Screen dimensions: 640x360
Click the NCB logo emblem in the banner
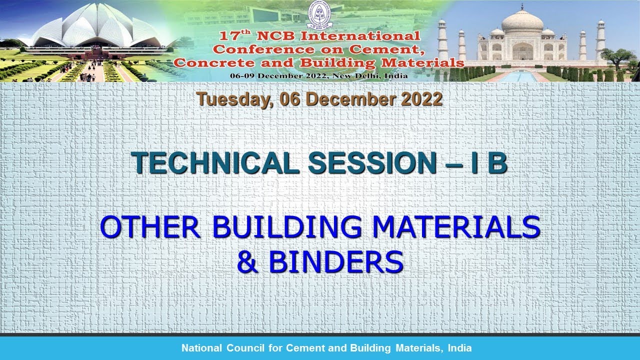pos(319,14)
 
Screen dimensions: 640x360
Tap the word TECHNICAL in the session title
pos(214,162)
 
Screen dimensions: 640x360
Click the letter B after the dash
pos(497,162)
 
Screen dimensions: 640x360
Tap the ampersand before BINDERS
pos(248,261)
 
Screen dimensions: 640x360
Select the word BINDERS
pos(336,261)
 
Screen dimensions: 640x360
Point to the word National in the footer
pos(201,348)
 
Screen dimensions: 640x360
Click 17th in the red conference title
pos(235,35)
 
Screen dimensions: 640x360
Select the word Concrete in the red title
pos(213,63)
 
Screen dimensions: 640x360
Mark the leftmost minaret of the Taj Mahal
pos(442,40)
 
